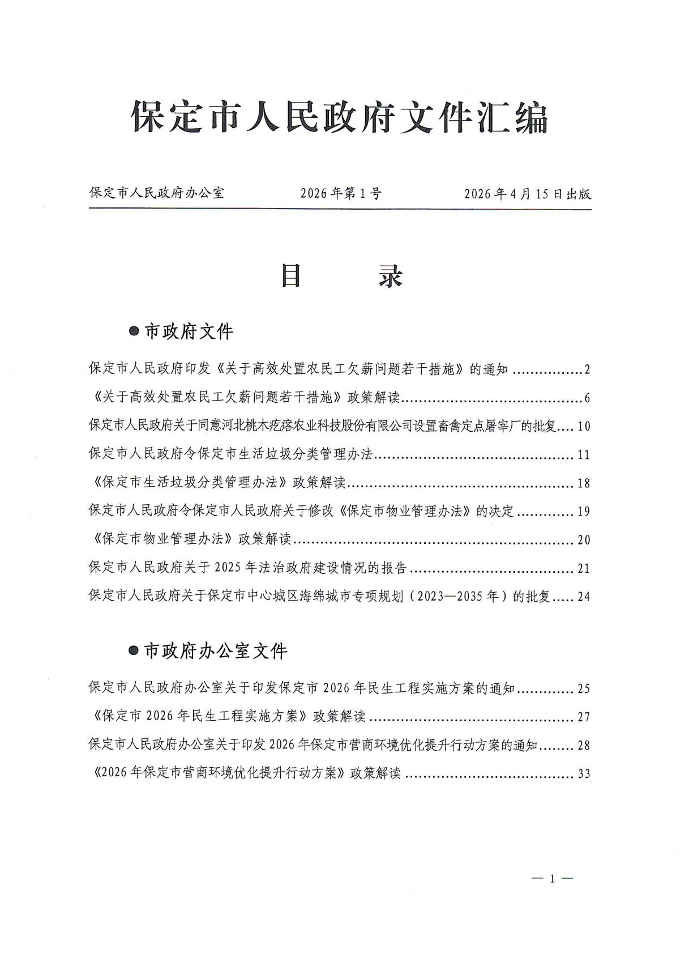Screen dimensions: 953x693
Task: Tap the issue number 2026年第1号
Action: pos(341,194)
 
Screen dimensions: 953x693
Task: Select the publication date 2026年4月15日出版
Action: pos(527,194)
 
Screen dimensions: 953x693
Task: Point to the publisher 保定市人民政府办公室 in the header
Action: pos(157,193)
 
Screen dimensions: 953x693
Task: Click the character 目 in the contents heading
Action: pos(291,276)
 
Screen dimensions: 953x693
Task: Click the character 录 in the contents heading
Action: pos(391,276)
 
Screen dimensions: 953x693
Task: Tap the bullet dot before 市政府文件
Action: pos(134,331)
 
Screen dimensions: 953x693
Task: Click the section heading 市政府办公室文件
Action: pos(216,651)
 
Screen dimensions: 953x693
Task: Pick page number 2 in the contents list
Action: pos(587,371)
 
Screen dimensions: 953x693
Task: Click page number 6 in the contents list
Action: pos(587,399)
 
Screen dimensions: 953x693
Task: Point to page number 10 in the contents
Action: pos(584,427)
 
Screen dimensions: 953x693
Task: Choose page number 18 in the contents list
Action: pos(584,483)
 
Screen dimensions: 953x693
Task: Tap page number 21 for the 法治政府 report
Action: pos(584,568)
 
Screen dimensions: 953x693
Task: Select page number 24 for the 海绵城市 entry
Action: pos(584,597)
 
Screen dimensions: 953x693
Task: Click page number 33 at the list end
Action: pos(584,774)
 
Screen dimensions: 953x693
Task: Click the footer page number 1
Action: pos(552,879)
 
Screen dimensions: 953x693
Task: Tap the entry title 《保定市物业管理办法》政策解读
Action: pos(190,539)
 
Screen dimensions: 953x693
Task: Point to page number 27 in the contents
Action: pos(584,717)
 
